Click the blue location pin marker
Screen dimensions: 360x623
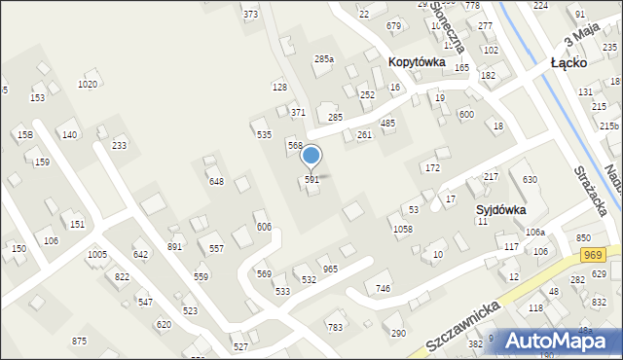click(311, 156)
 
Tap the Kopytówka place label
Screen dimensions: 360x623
click(417, 61)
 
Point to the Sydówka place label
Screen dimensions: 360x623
click(501, 209)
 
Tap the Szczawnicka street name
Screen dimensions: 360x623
click(462, 327)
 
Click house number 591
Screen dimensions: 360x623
click(311, 180)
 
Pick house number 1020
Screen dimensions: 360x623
click(88, 85)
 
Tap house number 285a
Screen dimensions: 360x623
click(324, 59)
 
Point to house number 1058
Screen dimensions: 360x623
click(402, 229)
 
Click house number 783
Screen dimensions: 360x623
click(335, 328)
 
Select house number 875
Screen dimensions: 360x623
click(79, 341)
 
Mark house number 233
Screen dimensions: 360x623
click(119, 145)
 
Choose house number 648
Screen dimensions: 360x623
click(216, 181)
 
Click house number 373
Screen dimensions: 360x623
click(251, 14)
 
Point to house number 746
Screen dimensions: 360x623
click(384, 289)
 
